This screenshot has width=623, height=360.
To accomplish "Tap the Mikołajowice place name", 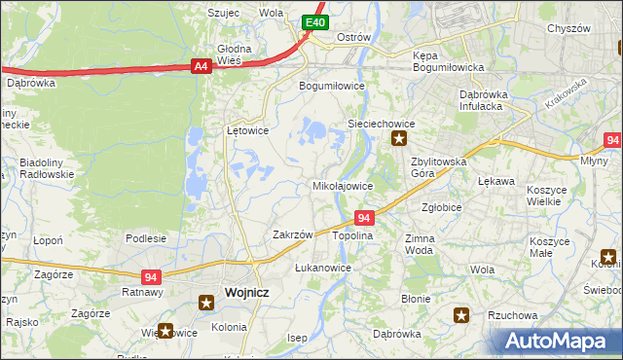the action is point(342,185).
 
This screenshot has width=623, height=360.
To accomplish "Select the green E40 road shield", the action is point(313,22).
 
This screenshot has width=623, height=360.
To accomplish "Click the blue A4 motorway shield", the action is point(201,66).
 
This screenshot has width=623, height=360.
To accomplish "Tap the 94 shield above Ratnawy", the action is point(150,276).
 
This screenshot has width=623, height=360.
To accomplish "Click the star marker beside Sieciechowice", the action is point(399,140).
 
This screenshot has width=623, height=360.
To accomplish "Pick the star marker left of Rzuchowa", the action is point(461,314).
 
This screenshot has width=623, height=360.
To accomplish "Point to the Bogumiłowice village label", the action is point(331,86).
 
